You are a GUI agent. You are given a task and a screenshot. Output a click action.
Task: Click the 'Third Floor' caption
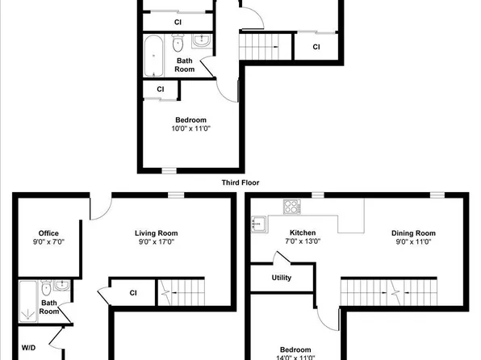click(239, 182)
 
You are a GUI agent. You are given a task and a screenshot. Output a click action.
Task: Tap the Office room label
click(49, 233)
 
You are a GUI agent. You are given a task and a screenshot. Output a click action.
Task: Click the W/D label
click(28, 348)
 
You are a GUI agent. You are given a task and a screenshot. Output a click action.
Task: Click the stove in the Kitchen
click(291, 207)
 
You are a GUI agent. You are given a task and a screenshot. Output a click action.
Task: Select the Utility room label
click(282, 278)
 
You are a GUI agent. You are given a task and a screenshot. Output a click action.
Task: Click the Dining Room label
click(413, 233)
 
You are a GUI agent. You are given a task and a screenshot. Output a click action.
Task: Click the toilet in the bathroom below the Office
click(48, 287)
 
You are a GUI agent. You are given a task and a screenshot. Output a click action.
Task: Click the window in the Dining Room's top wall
click(437, 195)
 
